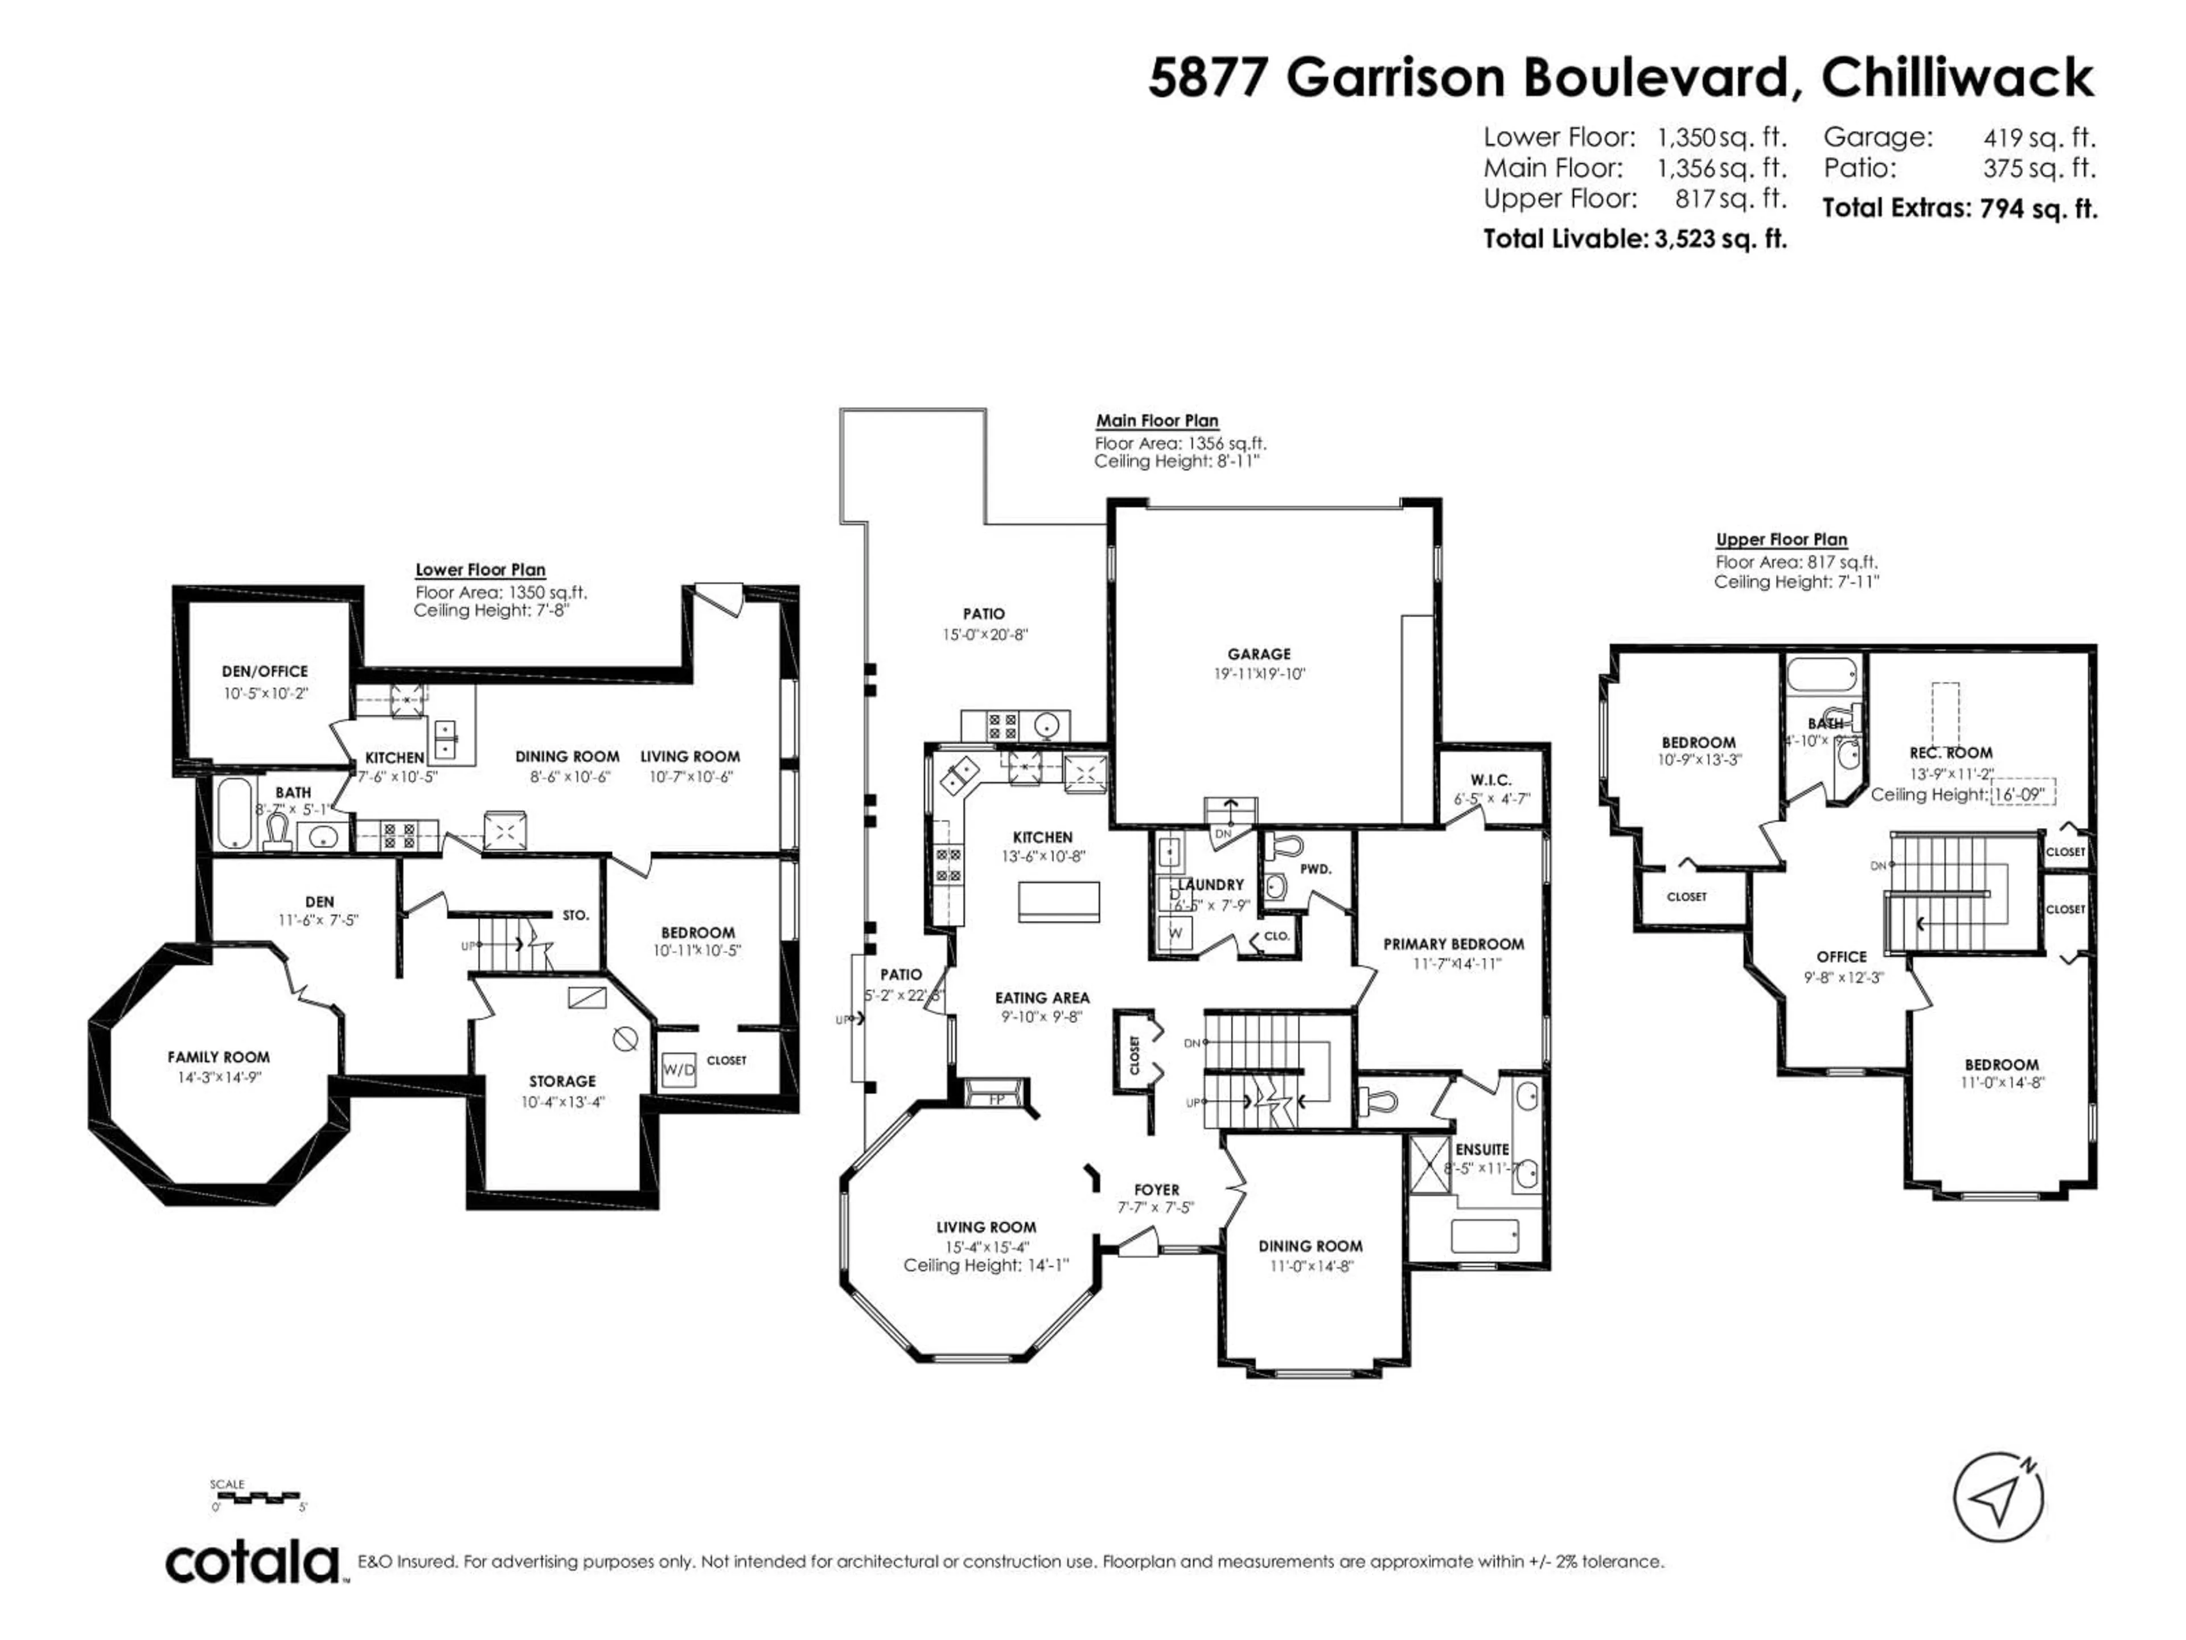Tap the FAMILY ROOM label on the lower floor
pyautogui.click(x=219, y=1057)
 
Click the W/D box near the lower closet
pyautogui.click(x=678, y=1069)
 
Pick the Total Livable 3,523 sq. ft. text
pyautogui.click(x=1634, y=238)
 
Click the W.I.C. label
pyautogui.click(x=1490, y=780)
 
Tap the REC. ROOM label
pyautogui.click(x=1951, y=752)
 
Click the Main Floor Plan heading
pyautogui.click(x=1156, y=420)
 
